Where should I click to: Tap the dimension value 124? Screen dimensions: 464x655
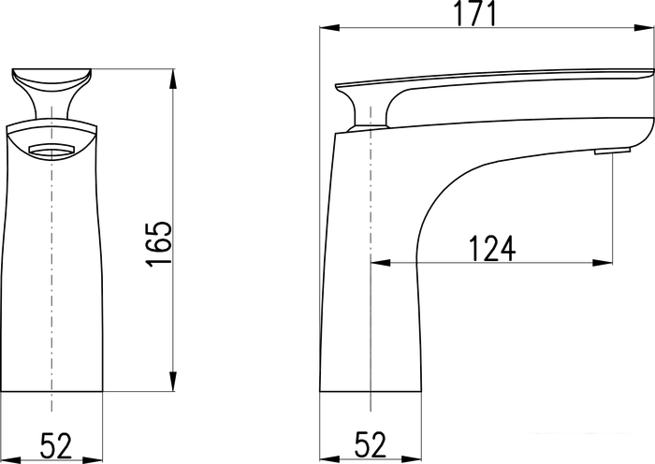point(491,249)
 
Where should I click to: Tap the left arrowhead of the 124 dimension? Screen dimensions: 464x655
point(381,263)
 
